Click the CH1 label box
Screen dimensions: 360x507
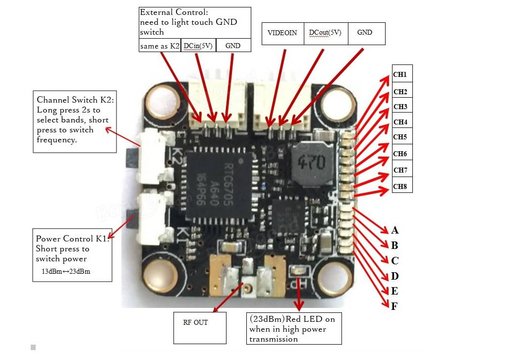click(x=402, y=74)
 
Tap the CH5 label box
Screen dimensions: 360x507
click(x=402, y=137)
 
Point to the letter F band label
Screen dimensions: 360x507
click(x=394, y=306)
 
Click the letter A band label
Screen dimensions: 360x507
click(x=394, y=230)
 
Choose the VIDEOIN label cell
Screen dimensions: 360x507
click(x=282, y=33)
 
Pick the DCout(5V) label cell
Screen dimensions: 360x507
click(x=325, y=33)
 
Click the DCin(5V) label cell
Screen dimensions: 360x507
click(x=198, y=46)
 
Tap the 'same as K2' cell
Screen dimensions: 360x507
click(x=160, y=46)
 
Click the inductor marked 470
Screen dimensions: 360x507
click(x=310, y=162)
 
